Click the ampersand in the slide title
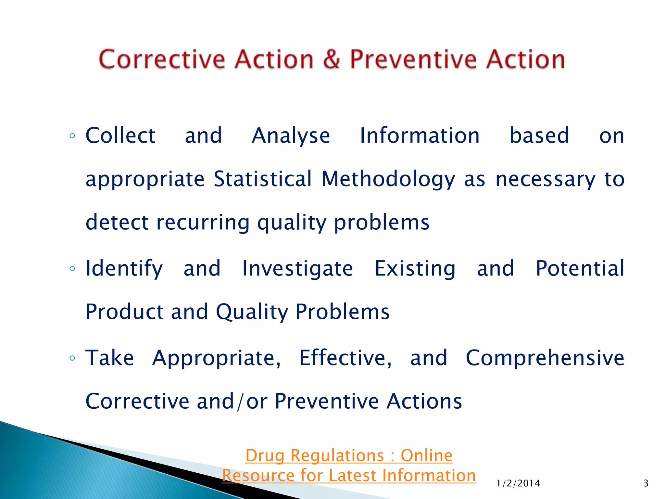coord(331,59)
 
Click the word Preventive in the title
coord(413,59)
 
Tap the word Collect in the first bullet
coord(120,135)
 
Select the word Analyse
coord(291,136)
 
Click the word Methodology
coord(388,180)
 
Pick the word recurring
coord(203,223)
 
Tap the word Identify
coord(124,269)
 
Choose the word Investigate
coord(297,269)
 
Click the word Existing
coord(415,269)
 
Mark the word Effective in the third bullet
coord(345,358)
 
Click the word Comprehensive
coord(545,358)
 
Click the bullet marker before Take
coord(72,358)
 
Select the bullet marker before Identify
coord(72,269)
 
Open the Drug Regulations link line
coord(349,455)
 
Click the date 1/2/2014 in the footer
coord(518,483)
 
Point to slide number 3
coord(646,483)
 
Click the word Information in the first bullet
coord(420,135)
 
